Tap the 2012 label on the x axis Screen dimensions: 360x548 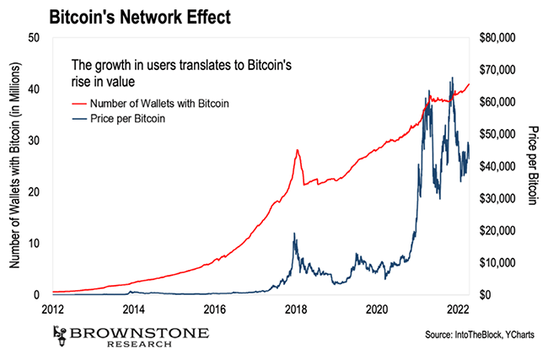[x=52, y=309]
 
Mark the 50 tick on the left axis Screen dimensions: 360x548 [x=34, y=37]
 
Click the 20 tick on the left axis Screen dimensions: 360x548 [x=34, y=191]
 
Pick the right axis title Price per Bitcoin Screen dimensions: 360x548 [x=533, y=166]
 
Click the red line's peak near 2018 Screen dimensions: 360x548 [x=297, y=150]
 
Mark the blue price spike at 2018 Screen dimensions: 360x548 [x=293, y=234]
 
